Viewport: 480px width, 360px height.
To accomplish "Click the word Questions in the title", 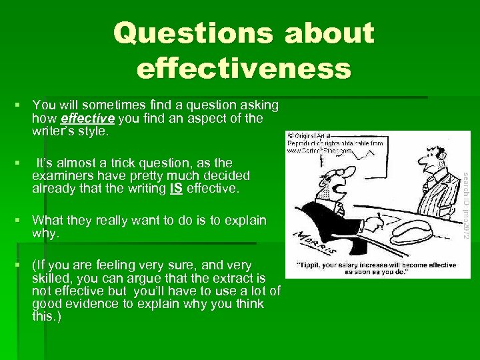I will pyautogui.click(x=174, y=33).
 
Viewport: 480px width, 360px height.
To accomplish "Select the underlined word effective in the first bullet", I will pyautogui.click(x=89, y=119).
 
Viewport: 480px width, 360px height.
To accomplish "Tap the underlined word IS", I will pyautogui.click(x=176, y=189).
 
